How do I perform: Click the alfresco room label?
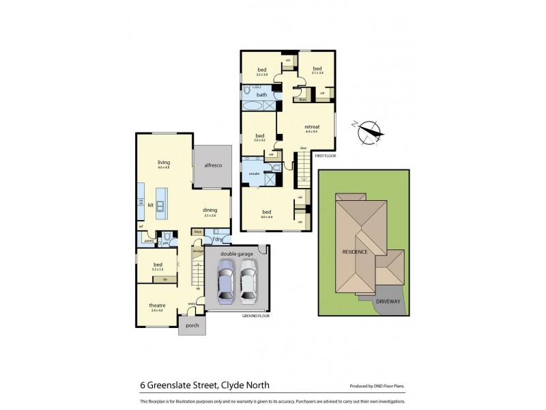212,165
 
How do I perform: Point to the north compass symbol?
369,129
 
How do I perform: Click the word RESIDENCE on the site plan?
355,252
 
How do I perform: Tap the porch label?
192,325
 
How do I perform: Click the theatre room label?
158,305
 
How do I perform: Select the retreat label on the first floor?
312,126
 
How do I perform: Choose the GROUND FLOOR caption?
256,316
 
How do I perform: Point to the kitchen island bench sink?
161,205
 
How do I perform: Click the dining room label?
210,210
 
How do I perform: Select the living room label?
164,163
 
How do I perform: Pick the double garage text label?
237,254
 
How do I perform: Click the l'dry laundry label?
217,238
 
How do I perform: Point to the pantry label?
148,240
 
